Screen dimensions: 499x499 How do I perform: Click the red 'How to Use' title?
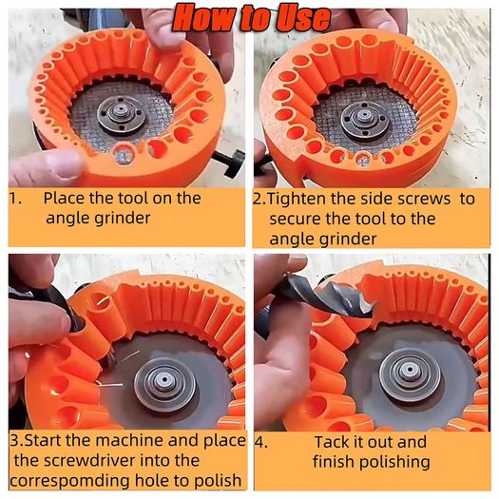pos(252,18)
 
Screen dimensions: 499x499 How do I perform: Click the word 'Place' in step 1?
pos(64,199)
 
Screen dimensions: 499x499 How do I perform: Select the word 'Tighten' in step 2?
pos(297,200)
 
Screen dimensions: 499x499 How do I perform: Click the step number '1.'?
pos(15,199)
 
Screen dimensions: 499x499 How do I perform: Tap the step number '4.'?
pos(261,443)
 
